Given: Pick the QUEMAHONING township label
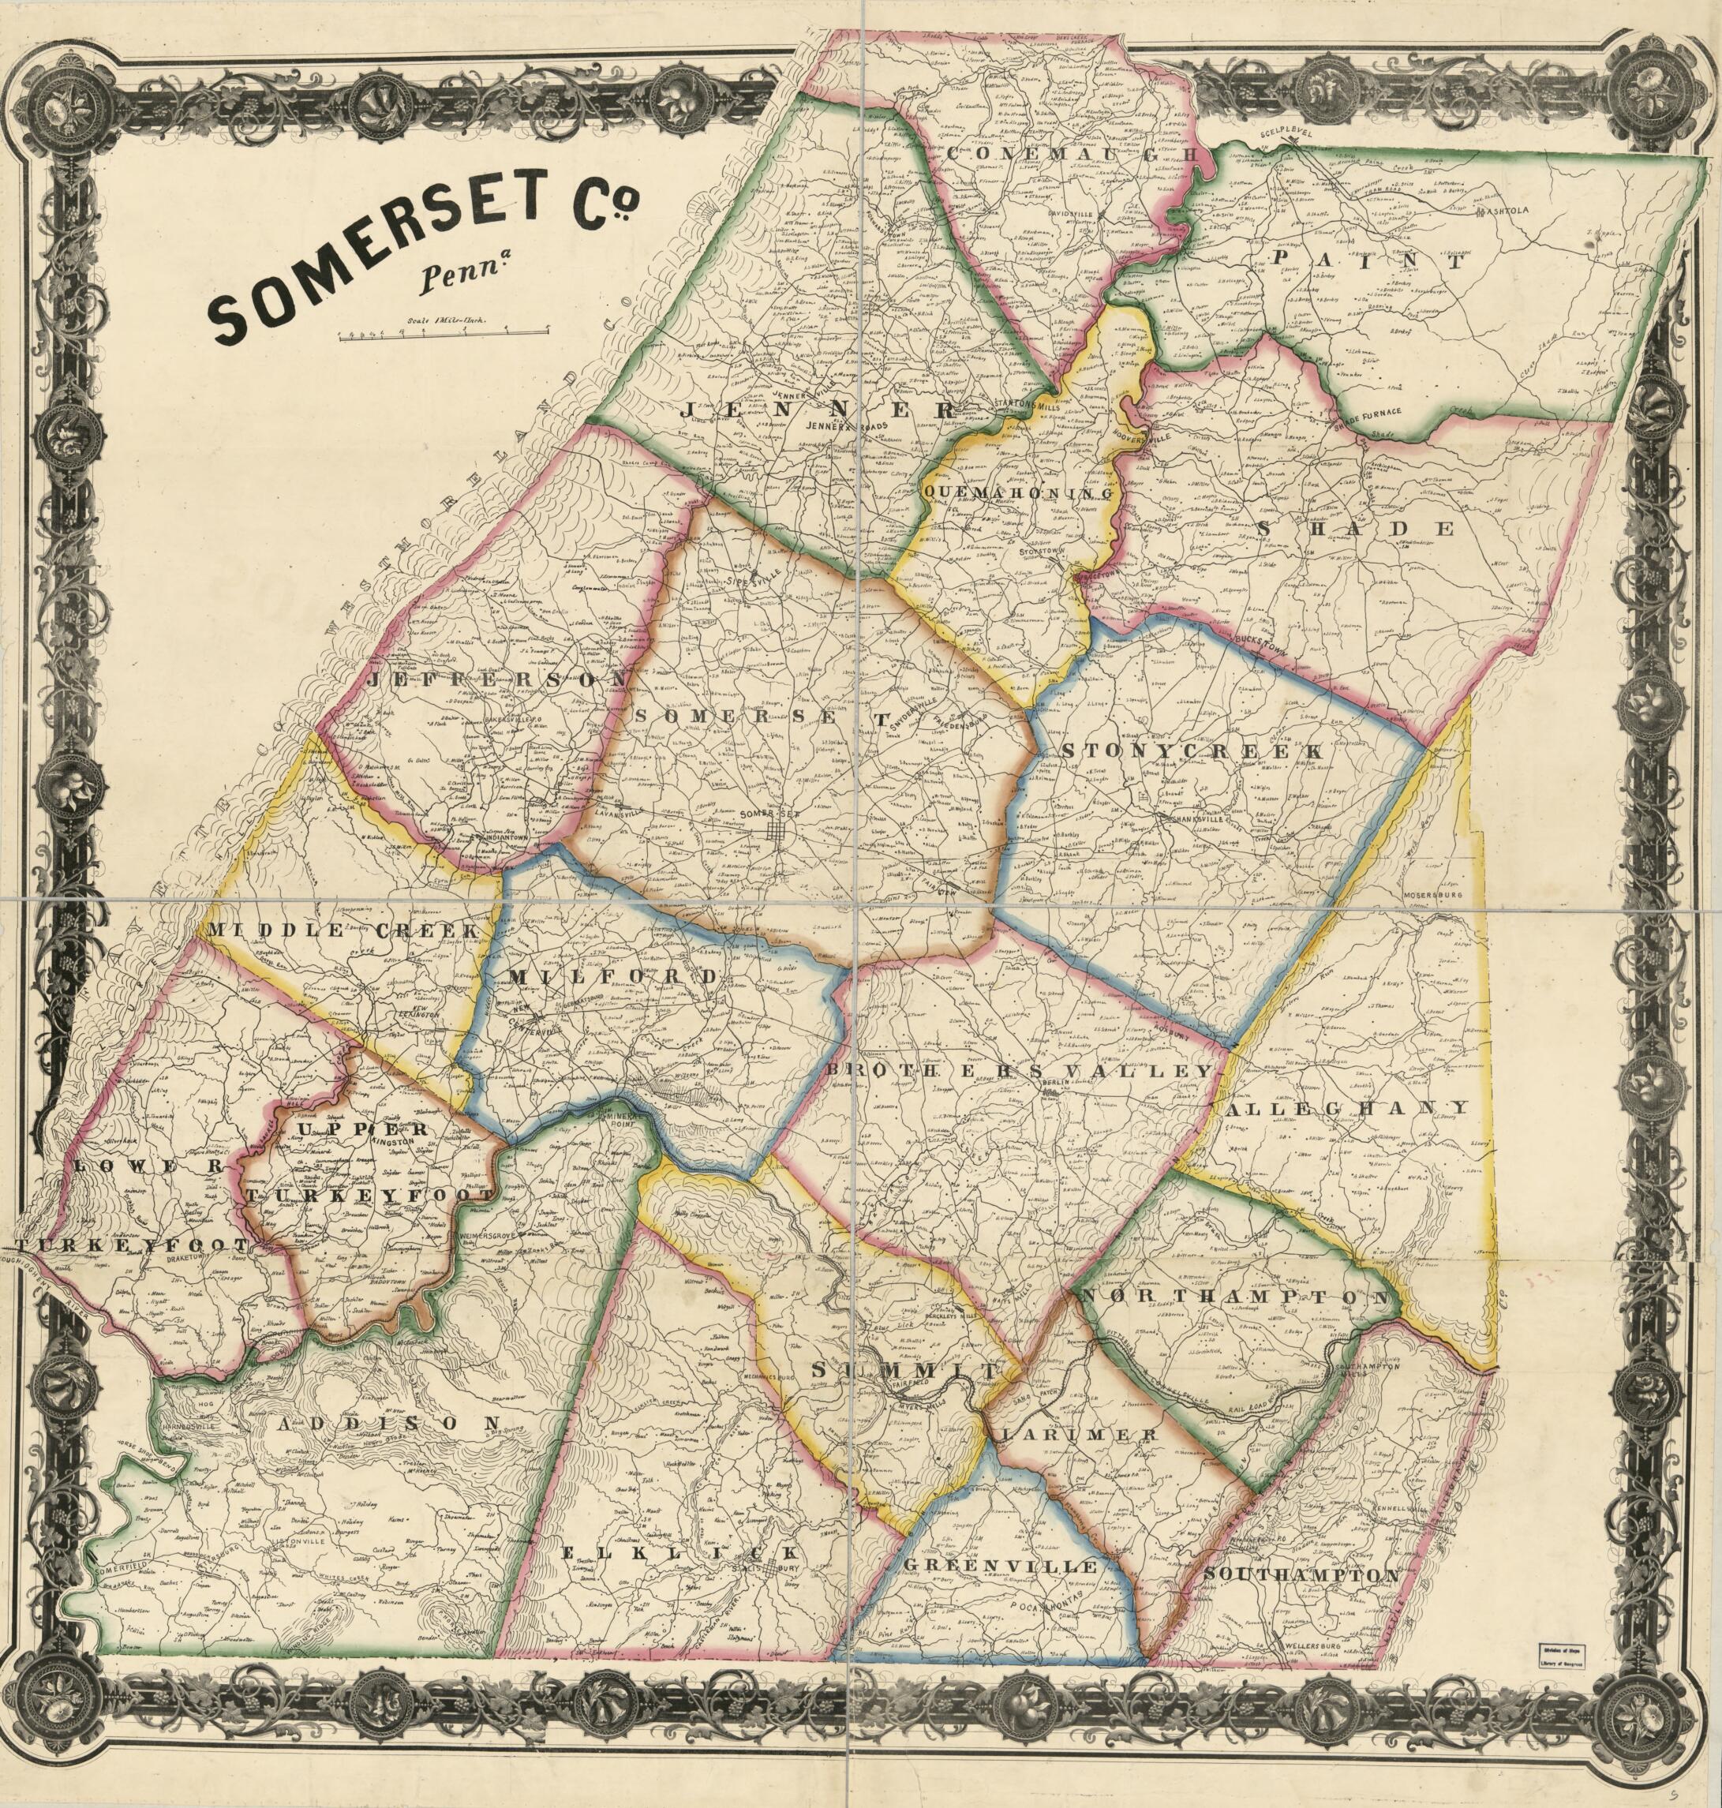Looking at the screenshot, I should [x=1018, y=494].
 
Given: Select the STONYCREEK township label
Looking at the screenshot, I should [x=1193, y=751].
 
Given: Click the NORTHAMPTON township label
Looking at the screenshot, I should [x=1234, y=1297].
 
